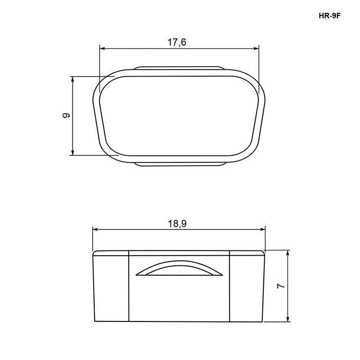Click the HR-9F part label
(x=329, y=16)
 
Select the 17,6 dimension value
(x=177, y=42)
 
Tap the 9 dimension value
(x=66, y=116)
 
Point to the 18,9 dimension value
(x=177, y=224)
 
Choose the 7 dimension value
(x=281, y=286)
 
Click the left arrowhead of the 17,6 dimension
(x=102, y=48)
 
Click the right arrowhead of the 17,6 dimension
(x=256, y=48)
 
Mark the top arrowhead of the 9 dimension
(x=73, y=79)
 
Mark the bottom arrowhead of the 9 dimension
(x=73, y=152)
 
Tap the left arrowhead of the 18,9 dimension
(x=96, y=229)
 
